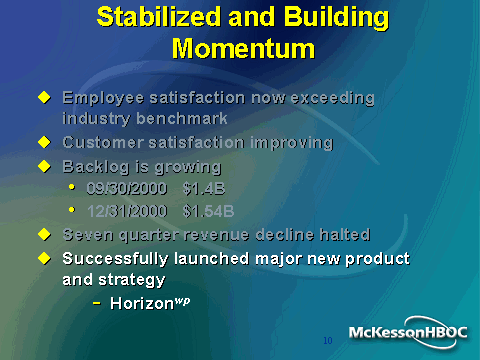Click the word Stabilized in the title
[x=159, y=17]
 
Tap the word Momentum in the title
[x=243, y=49]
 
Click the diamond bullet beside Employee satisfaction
[x=44, y=97]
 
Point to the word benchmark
[x=182, y=119]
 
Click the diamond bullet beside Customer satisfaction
[x=44, y=142]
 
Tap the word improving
[x=292, y=143]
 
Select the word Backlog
[x=96, y=167]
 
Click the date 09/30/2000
[x=127, y=189]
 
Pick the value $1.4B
[x=204, y=189]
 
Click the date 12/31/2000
[x=127, y=211]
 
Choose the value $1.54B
[x=209, y=211]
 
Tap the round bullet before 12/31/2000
[x=72, y=209]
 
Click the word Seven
[x=88, y=235]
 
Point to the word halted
[x=345, y=234]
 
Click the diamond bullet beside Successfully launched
[x=44, y=258]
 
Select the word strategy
[x=132, y=280]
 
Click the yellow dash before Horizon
[x=97, y=303]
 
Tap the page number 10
[x=328, y=340]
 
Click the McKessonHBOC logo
[x=408, y=333]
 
